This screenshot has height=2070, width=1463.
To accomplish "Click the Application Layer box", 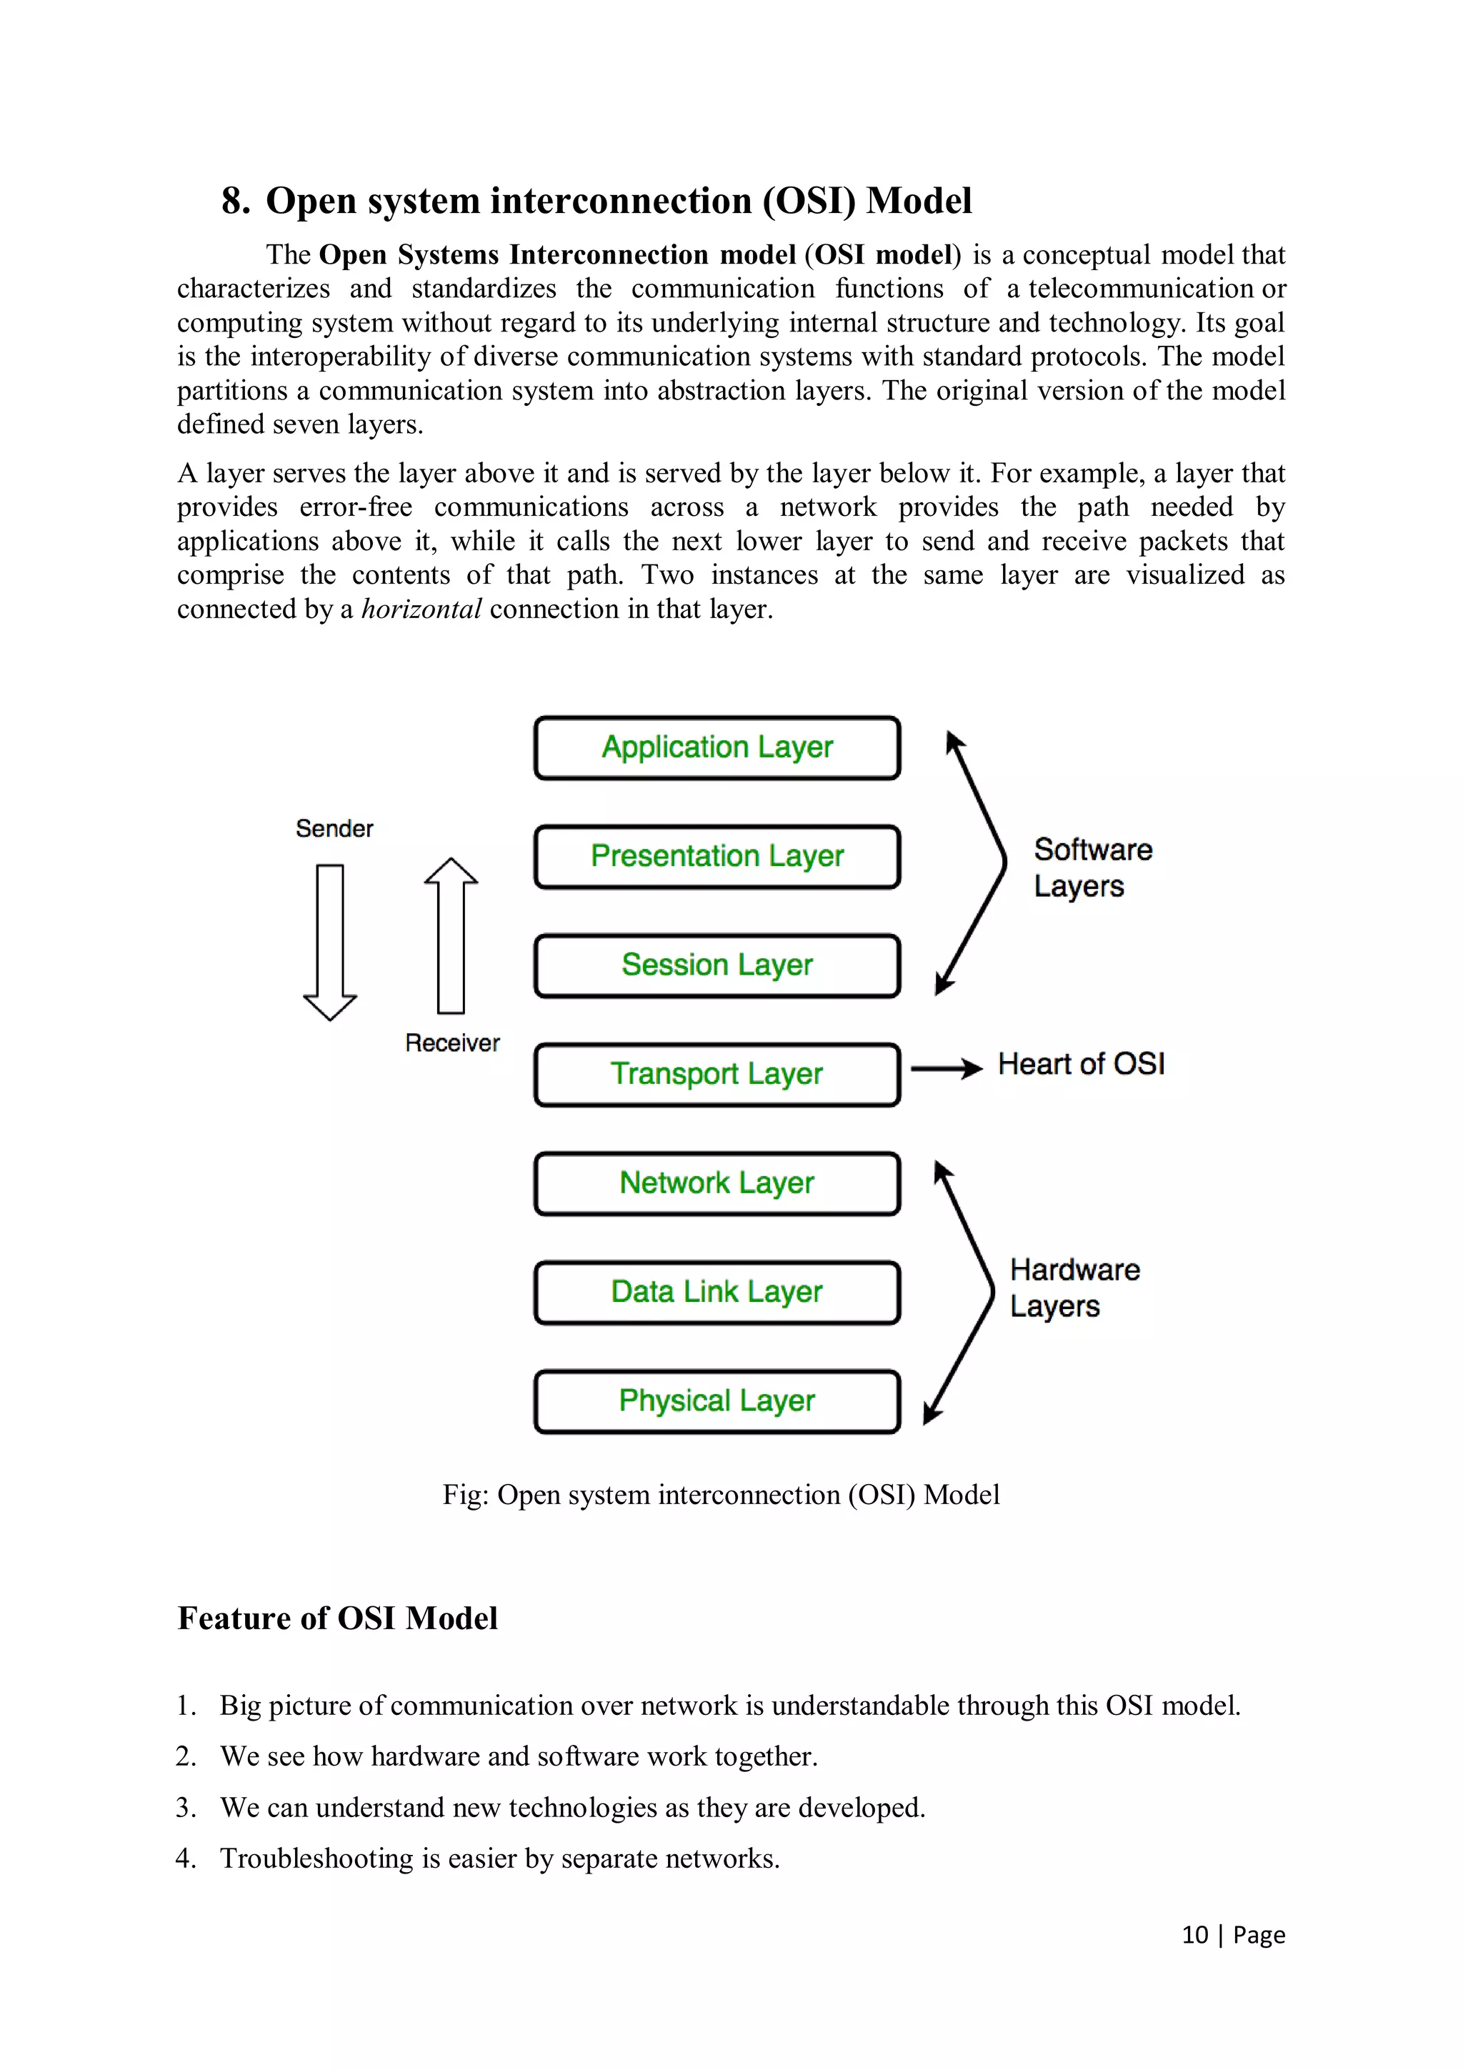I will coord(716,747).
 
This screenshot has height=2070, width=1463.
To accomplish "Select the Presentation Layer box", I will coord(716,857).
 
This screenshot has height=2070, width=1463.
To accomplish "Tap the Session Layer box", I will coord(716,965).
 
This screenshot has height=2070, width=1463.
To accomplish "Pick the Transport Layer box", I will coord(716,1075).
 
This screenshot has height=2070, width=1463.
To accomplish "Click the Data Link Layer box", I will coord(716,1293).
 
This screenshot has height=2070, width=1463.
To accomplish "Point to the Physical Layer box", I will coord(716,1402).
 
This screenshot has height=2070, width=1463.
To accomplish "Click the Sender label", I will coord(334,829).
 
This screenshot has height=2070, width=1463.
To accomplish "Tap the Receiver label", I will coord(451,1043).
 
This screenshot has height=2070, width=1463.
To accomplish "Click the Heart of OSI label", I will coord(1081,1065).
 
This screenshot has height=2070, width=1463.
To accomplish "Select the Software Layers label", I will coord(1092,867).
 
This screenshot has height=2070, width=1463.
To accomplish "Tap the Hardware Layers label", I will coord(1074,1288).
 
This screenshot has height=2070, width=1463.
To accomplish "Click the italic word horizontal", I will coord(421,609).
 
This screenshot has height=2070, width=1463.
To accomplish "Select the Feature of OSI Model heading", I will coord(337,1618).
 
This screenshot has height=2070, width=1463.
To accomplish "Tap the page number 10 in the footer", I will coord(1194,1935).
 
